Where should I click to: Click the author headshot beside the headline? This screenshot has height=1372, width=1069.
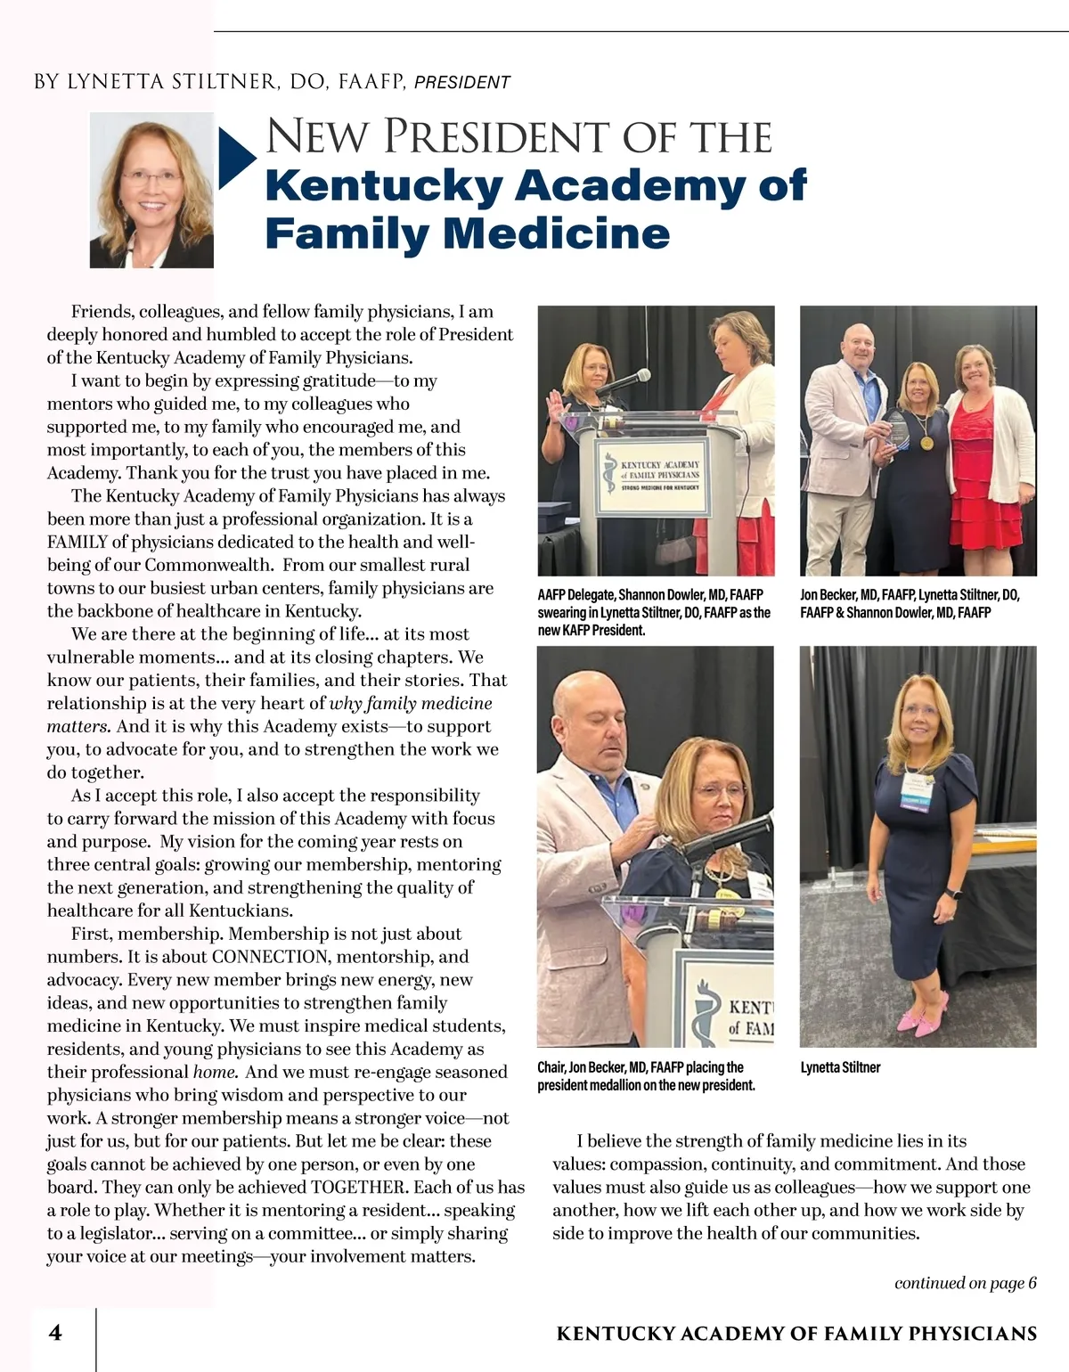pyautogui.click(x=151, y=190)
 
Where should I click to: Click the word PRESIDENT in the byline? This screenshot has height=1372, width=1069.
pyautogui.click(x=462, y=83)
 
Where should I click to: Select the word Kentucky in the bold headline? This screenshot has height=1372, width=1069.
pyautogui.click(x=384, y=185)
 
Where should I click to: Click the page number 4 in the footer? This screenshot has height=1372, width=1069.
pyautogui.click(x=55, y=1333)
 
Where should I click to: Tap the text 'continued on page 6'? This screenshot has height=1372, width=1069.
pyautogui.click(x=965, y=1283)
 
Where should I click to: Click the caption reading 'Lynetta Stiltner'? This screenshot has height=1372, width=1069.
pyautogui.click(x=840, y=1067)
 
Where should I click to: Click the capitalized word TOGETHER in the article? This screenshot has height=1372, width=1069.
pyautogui.click(x=359, y=1188)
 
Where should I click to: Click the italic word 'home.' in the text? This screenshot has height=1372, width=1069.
pyautogui.click(x=215, y=1073)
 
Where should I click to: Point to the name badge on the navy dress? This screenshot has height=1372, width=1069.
pyautogui.click(x=918, y=780)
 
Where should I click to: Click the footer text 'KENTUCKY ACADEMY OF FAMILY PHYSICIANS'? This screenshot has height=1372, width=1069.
pyautogui.click(x=796, y=1334)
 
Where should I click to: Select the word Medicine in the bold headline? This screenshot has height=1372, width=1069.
pyautogui.click(x=556, y=233)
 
